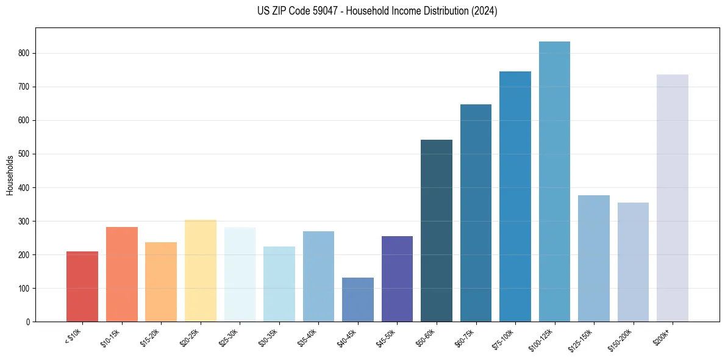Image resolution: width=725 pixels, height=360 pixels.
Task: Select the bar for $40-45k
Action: click(x=357, y=300)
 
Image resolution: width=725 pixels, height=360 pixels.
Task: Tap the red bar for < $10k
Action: click(x=82, y=287)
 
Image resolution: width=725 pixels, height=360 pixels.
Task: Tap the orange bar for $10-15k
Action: click(x=121, y=275)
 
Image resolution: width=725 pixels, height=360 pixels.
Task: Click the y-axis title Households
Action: click(x=10, y=175)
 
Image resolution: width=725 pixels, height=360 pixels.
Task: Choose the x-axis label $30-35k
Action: click(x=268, y=337)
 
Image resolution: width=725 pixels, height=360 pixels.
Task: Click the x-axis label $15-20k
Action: click(x=150, y=337)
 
